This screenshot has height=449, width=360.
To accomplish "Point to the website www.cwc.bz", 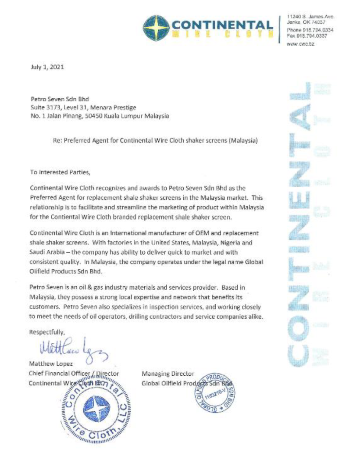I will [301, 44].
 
